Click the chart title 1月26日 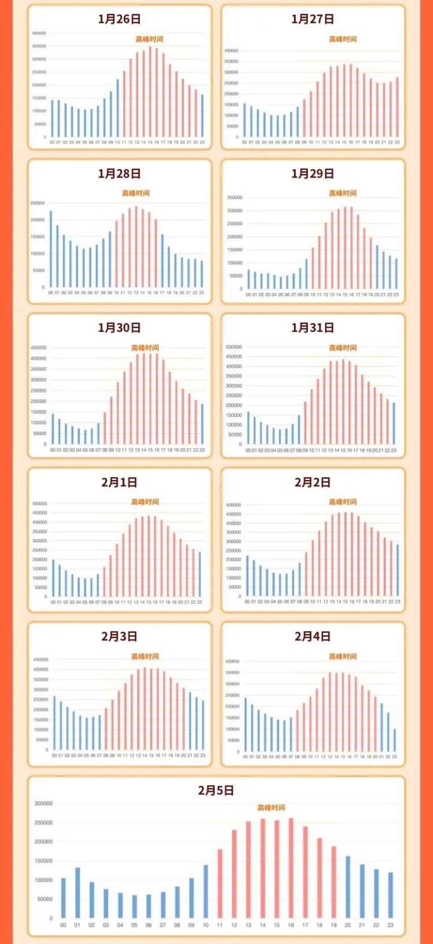click(119, 19)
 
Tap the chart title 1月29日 click(312, 174)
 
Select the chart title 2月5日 click(216, 791)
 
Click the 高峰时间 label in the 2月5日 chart click(271, 807)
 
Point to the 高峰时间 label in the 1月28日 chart click(136, 193)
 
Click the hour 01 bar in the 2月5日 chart click(78, 893)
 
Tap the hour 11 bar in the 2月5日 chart click(220, 884)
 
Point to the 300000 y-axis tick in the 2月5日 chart click(43, 804)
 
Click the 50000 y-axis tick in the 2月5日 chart click(45, 899)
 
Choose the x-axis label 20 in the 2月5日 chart click(348, 925)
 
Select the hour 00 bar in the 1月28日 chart click(51, 248)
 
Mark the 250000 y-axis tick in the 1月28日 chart click(38, 203)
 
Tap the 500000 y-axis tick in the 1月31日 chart click(233, 347)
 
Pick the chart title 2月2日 click(312, 483)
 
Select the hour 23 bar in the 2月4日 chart click(395, 740)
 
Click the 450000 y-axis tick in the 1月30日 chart click(38, 348)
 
